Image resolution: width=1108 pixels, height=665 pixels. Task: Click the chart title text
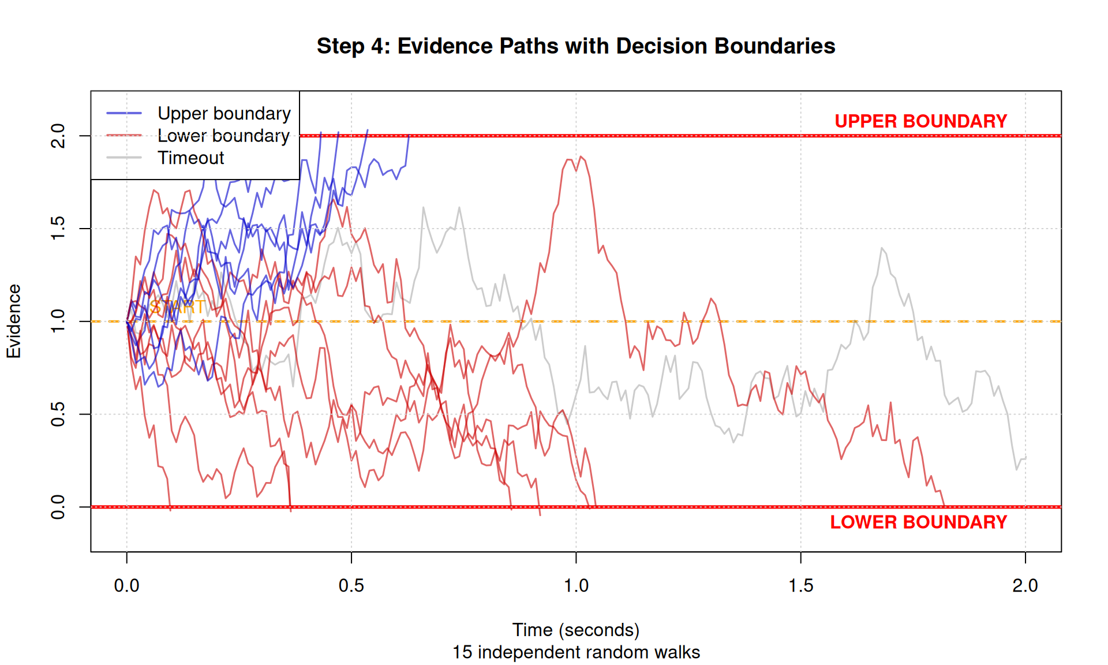tap(575, 46)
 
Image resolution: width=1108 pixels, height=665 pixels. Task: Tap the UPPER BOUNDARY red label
tap(920, 121)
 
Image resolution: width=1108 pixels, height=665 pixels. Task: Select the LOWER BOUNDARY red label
tap(918, 522)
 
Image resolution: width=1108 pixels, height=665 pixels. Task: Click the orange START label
tap(177, 307)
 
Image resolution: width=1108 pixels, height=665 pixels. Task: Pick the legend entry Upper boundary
tap(224, 114)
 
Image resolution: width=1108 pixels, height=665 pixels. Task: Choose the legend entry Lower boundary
tap(223, 136)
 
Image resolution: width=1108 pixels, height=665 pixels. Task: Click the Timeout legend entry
tap(190, 158)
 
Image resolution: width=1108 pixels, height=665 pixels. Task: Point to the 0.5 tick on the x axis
tap(351, 585)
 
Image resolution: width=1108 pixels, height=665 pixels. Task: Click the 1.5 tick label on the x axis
tap(800, 585)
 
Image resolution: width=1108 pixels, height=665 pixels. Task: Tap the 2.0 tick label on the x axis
tap(1025, 585)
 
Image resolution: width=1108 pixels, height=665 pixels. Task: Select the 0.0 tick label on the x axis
tap(127, 585)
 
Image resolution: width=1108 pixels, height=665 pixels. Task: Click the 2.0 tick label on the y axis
tap(58, 136)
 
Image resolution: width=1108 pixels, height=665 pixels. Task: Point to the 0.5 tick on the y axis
tap(58, 414)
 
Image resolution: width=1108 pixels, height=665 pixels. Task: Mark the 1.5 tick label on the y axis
tap(58, 229)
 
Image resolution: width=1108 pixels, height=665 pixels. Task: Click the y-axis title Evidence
tap(14, 321)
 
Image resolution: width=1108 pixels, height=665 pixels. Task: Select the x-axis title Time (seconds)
tap(575, 630)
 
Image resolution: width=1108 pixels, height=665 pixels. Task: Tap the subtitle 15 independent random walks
tap(575, 652)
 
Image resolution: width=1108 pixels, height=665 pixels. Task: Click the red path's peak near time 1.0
tap(581, 156)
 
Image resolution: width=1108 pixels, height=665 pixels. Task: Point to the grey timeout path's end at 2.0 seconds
tap(1025, 458)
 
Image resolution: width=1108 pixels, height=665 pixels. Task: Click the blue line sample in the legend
tap(124, 113)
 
